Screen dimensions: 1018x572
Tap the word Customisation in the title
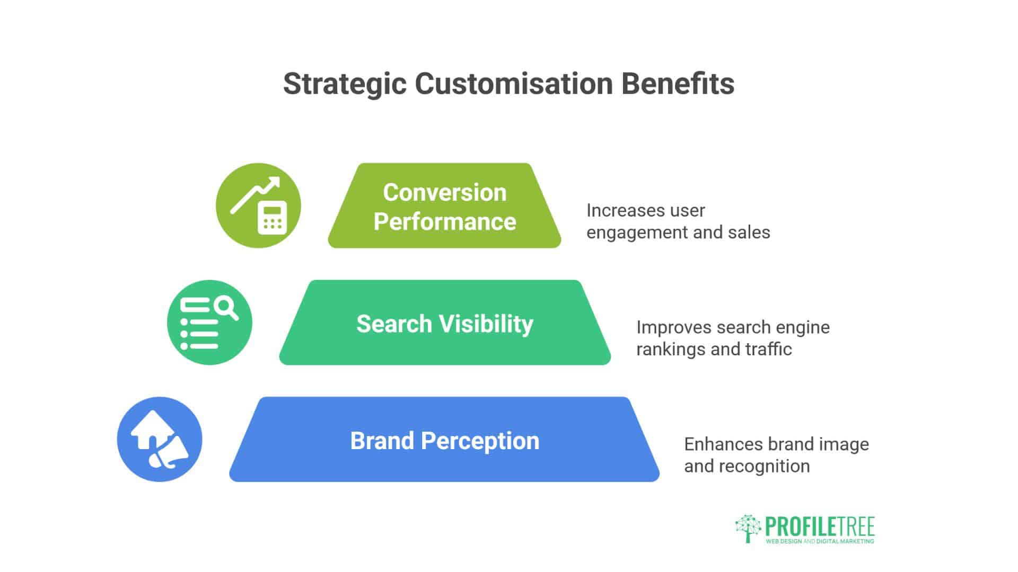(514, 84)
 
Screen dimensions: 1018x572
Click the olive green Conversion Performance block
(444, 205)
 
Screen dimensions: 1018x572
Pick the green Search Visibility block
(445, 323)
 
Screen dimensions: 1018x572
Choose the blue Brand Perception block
(444, 440)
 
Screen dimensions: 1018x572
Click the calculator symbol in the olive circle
(272, 218)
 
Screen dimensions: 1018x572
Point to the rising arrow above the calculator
(254, 195)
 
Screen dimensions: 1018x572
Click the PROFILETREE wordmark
(820, 527)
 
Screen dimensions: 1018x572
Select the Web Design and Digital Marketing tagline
(820, 541)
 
